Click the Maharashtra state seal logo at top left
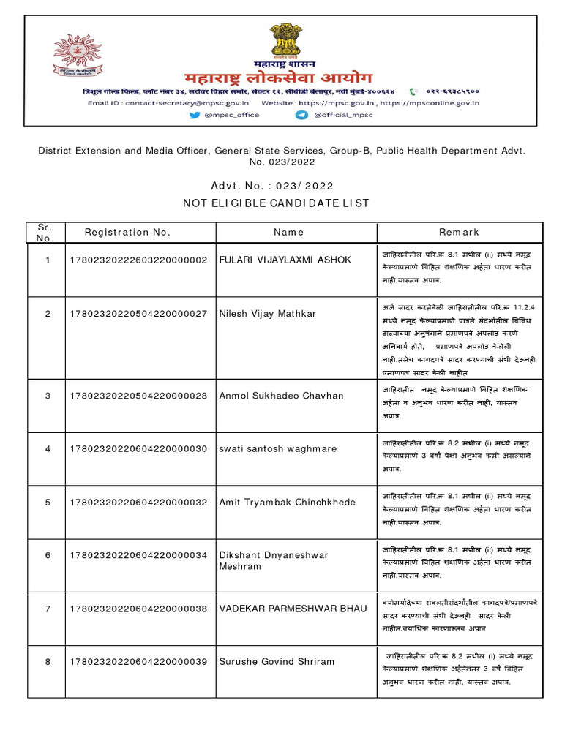[x=77, y=59]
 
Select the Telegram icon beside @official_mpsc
[x=301, y=115]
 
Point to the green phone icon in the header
[x=414, y=92]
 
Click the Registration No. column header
[x=127, y=233]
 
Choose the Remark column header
[x=459, y=233]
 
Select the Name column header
[x=288, y=233]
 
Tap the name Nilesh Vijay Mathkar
[x=268, y=314]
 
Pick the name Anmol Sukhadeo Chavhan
[x=281, y=396]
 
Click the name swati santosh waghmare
[x=278, y=449]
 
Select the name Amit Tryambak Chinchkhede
[x=288, y=503]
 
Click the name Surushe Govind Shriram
[x=277, y=662]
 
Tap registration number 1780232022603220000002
[x=139, y=260]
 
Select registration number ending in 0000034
[x=139, y=556]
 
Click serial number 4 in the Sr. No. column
[x=48, y=449]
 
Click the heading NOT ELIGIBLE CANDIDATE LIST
[x=281, y=203]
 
